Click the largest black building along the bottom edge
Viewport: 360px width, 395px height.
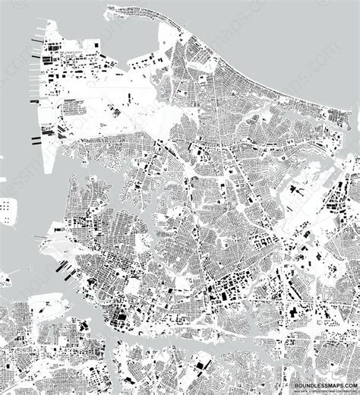coord(200,368)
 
